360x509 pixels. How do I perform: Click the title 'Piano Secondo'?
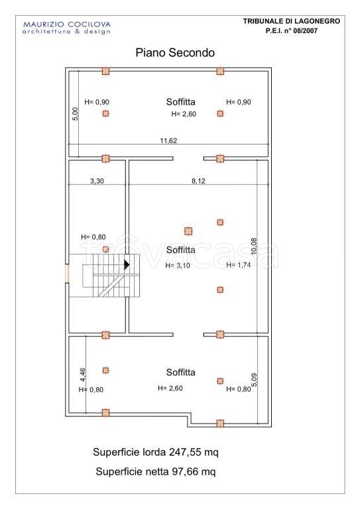175,52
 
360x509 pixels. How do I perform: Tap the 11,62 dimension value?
168,141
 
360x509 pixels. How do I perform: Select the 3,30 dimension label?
97,181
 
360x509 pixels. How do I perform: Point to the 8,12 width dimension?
198,181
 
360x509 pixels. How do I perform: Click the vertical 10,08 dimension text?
254,246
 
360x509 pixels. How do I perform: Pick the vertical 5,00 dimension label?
75,114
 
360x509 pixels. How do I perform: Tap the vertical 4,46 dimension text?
83,374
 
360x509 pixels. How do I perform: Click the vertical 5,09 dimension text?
254,380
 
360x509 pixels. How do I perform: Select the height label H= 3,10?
178,266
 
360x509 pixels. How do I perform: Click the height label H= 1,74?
238,265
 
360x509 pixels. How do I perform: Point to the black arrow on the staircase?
127,265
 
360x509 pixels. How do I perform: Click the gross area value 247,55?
185,452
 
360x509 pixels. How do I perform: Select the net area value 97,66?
184,471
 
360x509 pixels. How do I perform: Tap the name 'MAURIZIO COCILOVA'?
67,25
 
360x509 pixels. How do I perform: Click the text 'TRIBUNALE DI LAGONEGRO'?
292,21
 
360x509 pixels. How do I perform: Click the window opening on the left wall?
67,273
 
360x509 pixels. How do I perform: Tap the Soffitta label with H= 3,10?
181,250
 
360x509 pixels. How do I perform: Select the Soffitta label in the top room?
181,102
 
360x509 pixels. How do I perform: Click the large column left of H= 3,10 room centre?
188,231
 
